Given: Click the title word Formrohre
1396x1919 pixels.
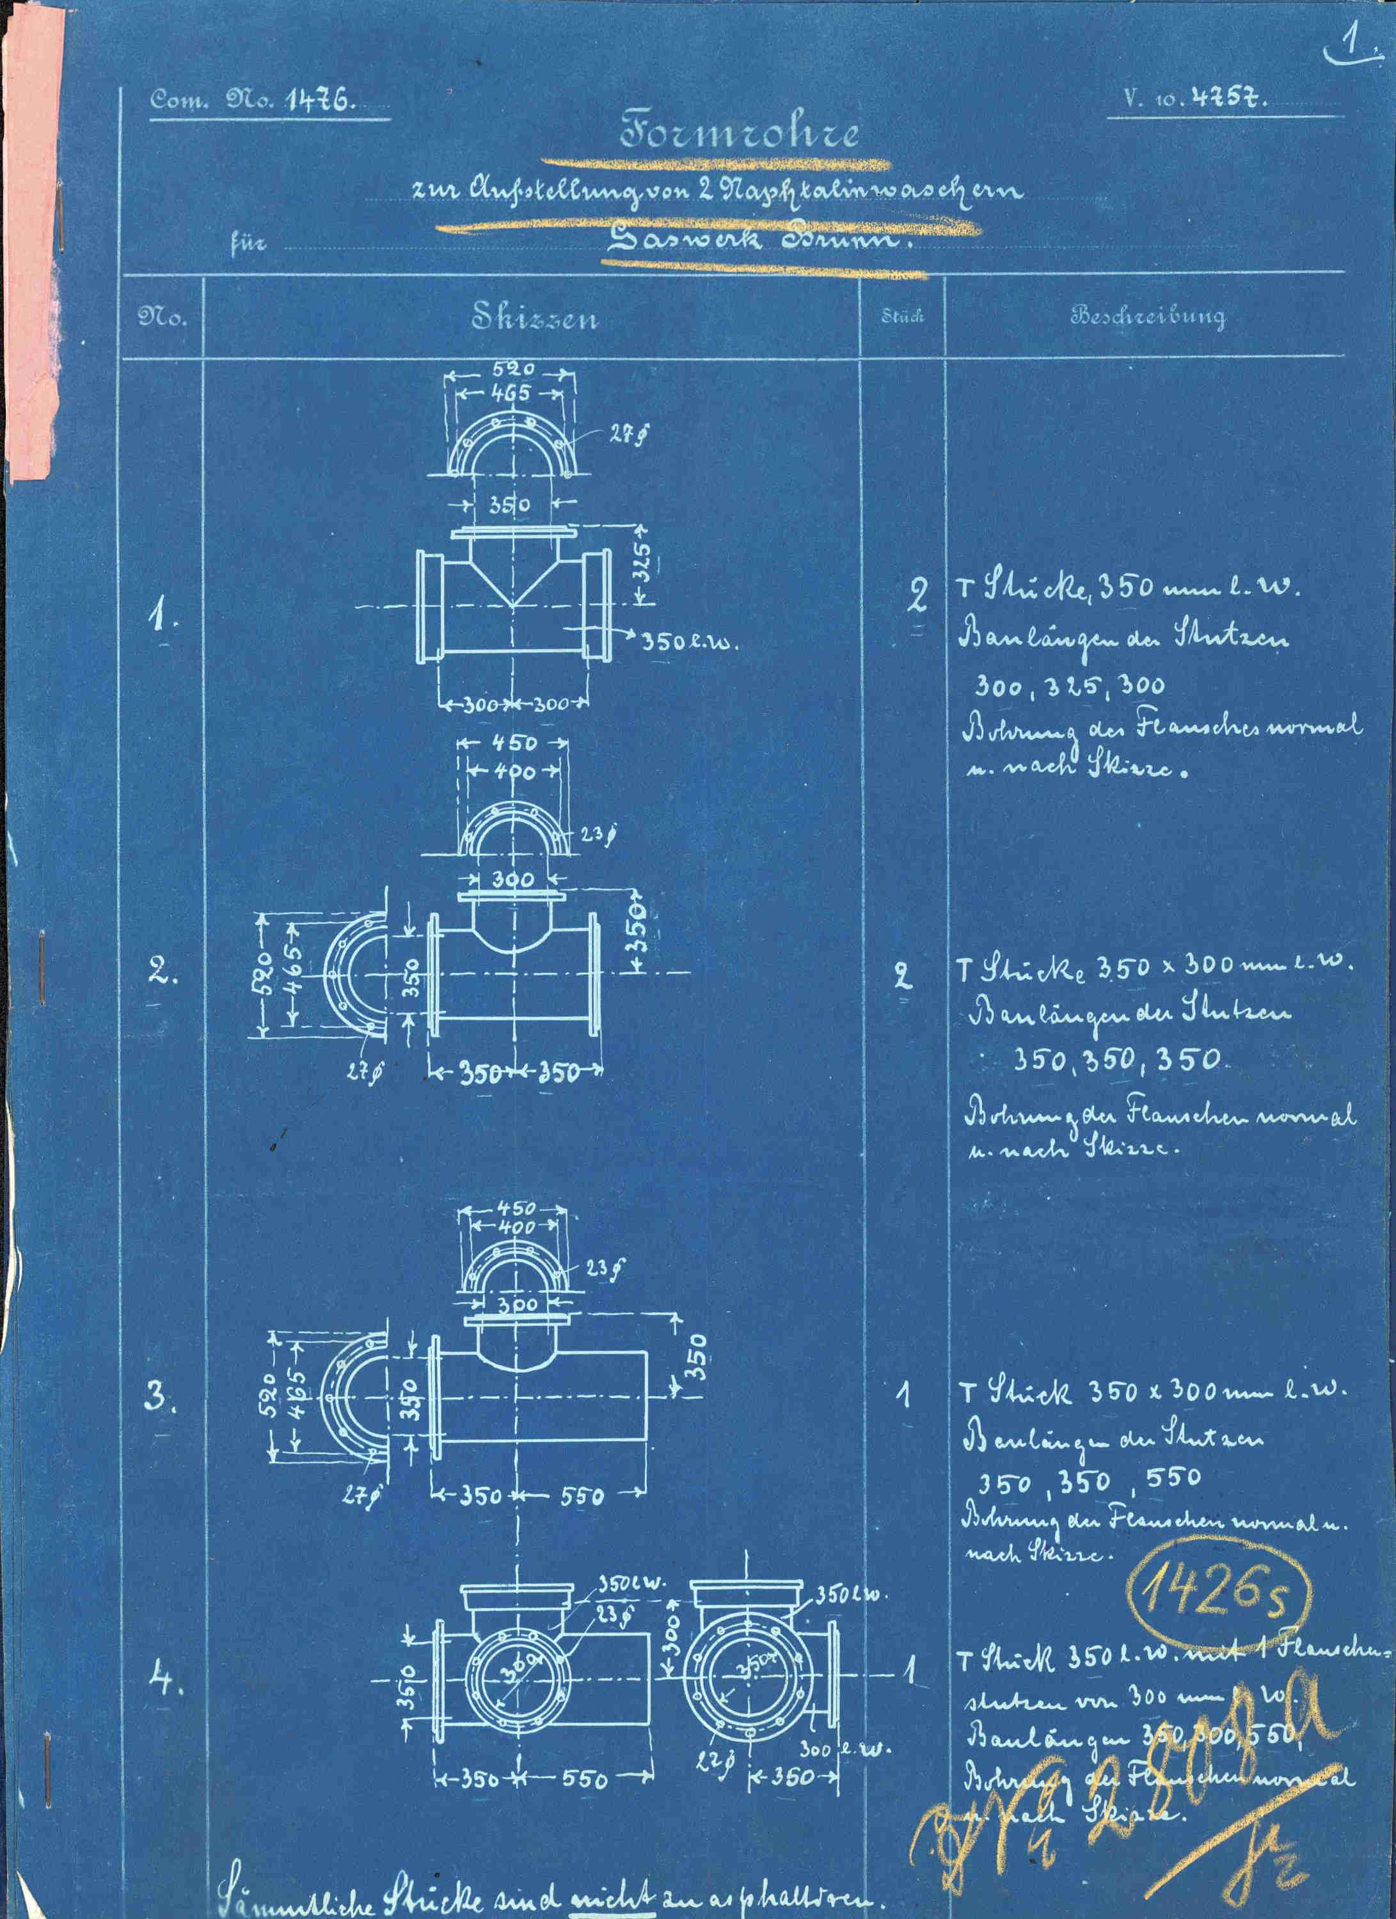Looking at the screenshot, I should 740,134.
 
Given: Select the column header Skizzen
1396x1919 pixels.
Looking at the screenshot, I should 535,317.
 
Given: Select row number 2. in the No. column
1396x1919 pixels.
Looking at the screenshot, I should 163,972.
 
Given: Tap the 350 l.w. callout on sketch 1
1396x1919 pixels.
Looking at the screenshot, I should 688,642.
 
